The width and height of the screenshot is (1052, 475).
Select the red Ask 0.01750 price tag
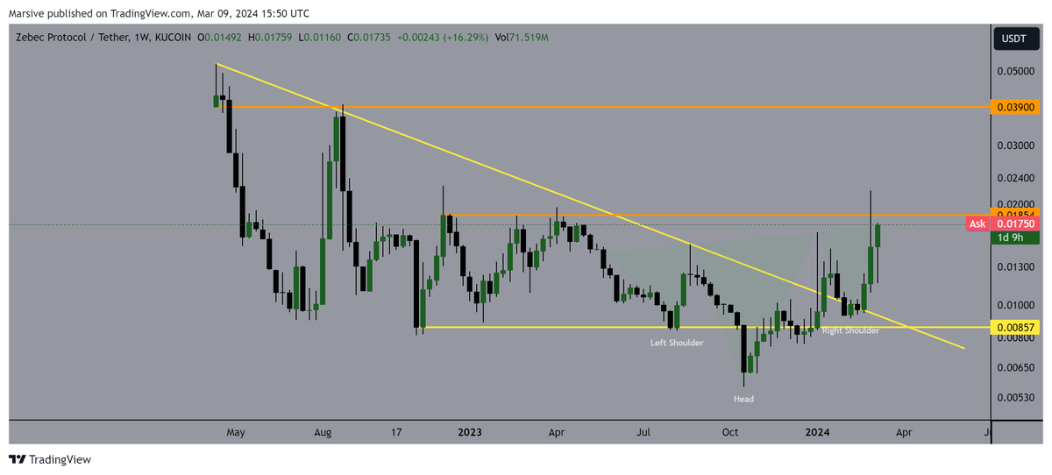pos(1001,224)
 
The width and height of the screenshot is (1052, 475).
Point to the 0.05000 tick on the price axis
pos(1016,71)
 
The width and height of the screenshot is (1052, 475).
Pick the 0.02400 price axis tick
pos(1016,177)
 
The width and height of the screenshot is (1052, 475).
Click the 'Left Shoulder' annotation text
pos(676,343)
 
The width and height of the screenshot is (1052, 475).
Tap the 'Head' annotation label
pos(743,399)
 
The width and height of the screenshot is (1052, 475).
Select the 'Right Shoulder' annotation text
pos(850,330)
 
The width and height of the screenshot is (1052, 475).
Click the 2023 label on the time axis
pos(470,432)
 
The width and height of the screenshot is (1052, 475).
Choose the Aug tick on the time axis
pos(323,432)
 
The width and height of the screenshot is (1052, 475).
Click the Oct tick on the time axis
pos(730,432)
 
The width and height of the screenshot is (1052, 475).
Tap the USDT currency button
pos(1015,39)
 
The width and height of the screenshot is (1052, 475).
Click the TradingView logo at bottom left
pos(50,459)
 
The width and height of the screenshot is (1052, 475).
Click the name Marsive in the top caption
pos(25,13)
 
